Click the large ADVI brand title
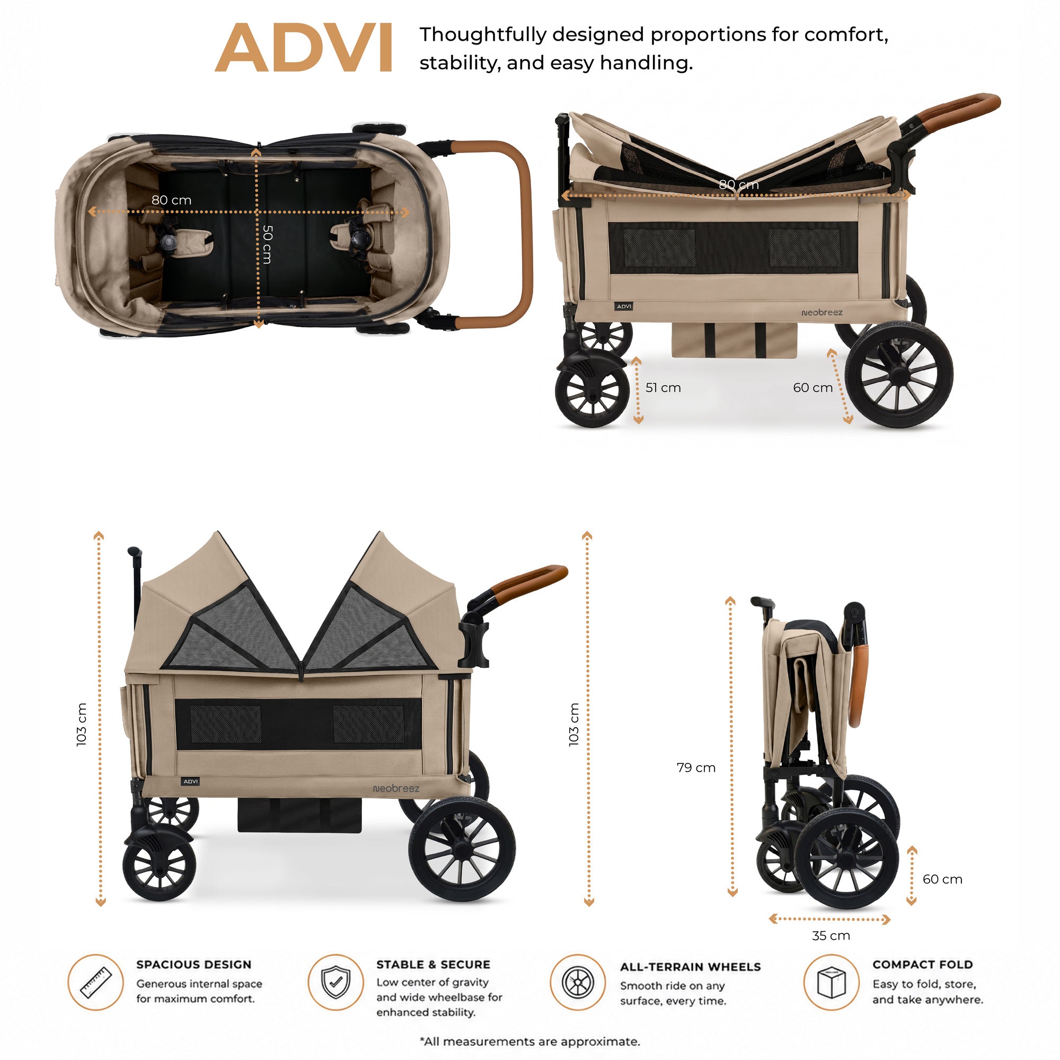tap(303, 48)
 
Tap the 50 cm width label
tap(267, 244)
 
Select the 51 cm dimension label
tap(663, 388)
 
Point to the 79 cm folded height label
tap(696, 767)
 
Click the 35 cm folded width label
tap(831, 935)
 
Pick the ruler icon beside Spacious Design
tap(95, 982)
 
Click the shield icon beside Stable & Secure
tap(336, 982)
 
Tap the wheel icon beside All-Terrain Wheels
tap(578, 982)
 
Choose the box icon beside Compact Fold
tap(831, 982)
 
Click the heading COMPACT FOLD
tap(922, 965)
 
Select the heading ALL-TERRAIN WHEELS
tap(690, 967)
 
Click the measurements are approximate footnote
tap(530, 1041)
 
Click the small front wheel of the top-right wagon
tap(593, 391)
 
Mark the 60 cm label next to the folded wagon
tap(942, 879)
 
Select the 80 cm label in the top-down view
tap(171, 200)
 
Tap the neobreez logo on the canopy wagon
tap(395, 789)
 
